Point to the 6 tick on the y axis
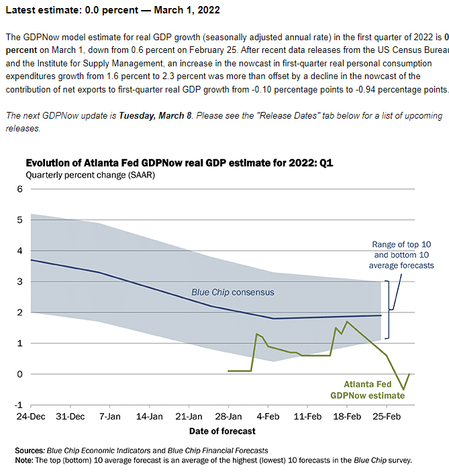(x=19, y=189)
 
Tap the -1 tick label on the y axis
(x=18, y=405)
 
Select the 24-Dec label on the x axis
(x=31, y=416)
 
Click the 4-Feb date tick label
(x=268, y=416)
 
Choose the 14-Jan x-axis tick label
(x=150, y=416)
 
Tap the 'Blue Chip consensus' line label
(x=233, y=292)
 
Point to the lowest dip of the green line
(x=403, y=389)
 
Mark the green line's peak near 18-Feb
(x=346, y=322)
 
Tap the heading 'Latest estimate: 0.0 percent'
(x=112, y=11)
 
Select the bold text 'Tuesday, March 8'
(x=154, y=116)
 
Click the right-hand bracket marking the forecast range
(x=391, y=310)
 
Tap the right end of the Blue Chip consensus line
(x=381, y=315)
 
